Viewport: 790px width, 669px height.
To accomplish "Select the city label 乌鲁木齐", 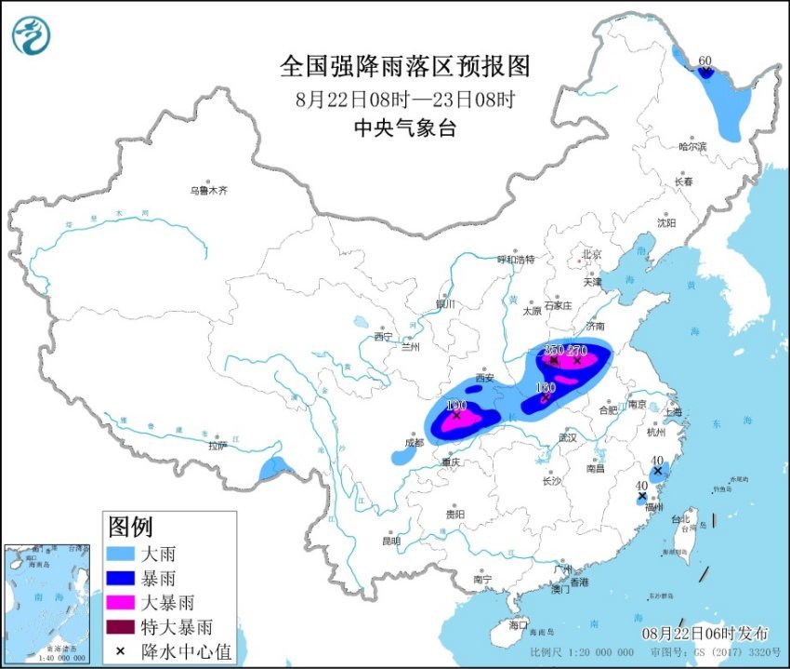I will click(208, 190).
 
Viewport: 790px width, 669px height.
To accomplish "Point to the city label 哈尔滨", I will click(692, 146).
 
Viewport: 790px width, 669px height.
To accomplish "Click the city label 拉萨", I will click(217, 446).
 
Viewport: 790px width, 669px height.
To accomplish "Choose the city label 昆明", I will click(390, 541).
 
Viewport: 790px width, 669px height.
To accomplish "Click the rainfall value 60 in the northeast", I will click(704, 61).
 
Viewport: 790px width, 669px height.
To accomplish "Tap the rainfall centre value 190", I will click(455, 406).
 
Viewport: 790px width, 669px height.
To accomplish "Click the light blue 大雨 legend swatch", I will click(121, 555).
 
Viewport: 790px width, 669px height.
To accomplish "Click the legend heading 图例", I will click(130, 528).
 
